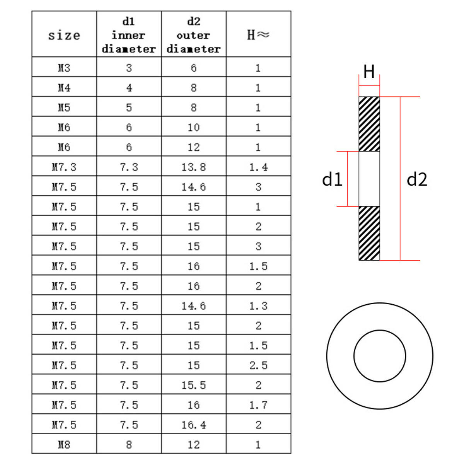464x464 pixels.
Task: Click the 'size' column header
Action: tap(64, 36)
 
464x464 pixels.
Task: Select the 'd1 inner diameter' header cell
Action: tap(129, 35)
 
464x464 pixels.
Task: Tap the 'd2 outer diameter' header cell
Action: tap(194, 35)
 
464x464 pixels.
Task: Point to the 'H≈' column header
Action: tap(258, 35)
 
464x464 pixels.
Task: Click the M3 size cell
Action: tap(64, 68)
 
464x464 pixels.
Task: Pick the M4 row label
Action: tap(64, 88)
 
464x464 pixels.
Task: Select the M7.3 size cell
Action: tap(64, 167)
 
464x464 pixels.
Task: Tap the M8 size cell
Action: tap(64, 445)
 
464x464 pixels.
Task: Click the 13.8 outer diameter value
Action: tap(194, 167)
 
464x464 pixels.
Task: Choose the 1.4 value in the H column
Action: tap(258, 167)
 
